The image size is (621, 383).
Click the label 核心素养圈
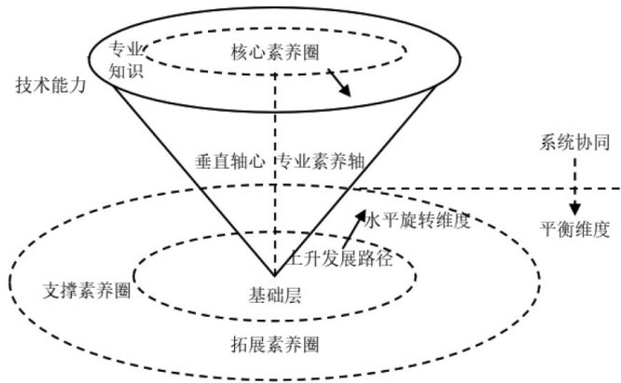pyautogui.click(x=275, y=52)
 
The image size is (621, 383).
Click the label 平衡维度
pyautogui.click(x=574, y=227)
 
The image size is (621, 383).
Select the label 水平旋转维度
pyautogui.click(x=423, y=222)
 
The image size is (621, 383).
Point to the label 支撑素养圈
pyautogui.click(x=87, y=289)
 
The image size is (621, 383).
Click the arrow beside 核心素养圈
pyautogui.click(x=339, y=84)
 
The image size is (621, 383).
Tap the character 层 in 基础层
pyautogui.click(x=293, y=294)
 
